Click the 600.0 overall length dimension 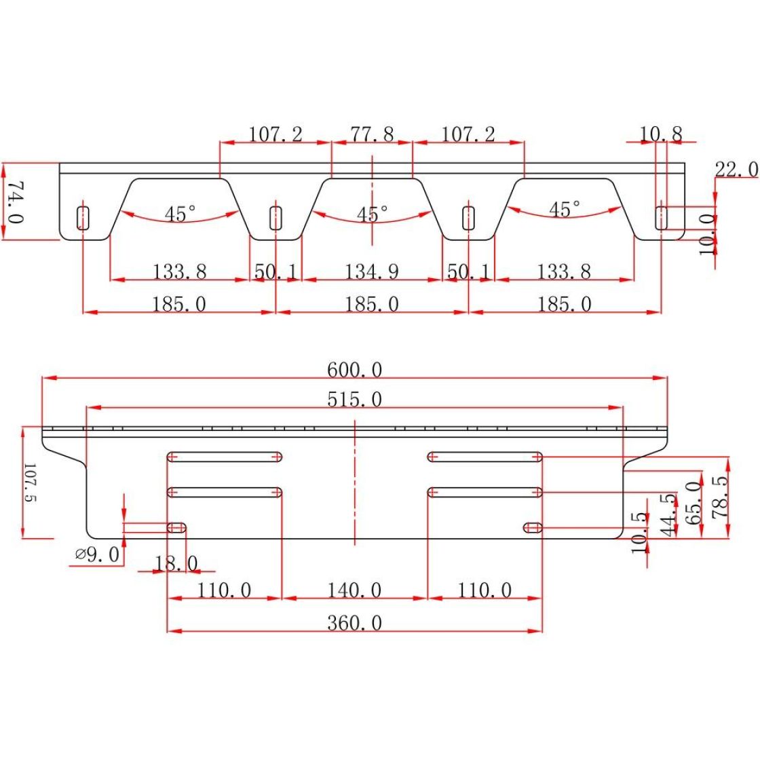(x=354, y=370)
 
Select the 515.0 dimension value (x=354, y=400)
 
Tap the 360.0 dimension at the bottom (x=354, y=623)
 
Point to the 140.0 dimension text (x=354, y=590)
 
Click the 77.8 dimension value (x=372, y=134)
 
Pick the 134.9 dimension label (x=371, y=271)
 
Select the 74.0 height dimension (x=16, y=202)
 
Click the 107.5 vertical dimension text (x=30, y=482)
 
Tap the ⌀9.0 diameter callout (x=98, y=554)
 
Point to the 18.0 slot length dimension (x=176, y=564)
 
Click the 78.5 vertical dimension (x=720, y=497)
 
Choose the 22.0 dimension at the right (x=737, y=170)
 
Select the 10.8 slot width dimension (x=661, y=134)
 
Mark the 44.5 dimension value (x=668, y=515)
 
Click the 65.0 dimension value (x=694, y=503)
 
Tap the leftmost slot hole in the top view (x=83, y=218)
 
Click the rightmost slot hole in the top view (x=661, y=218)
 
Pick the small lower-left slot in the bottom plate (x=176, y=528)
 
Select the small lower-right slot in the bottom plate (x=533, y=528)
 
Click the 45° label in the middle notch (x=373, y=214)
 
